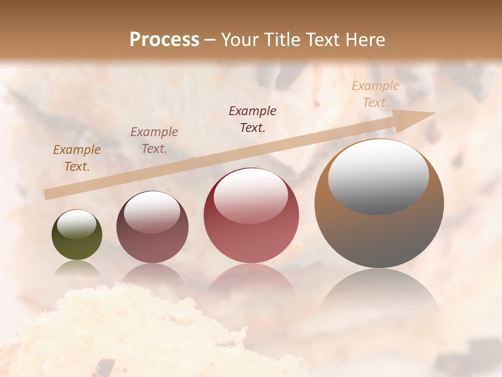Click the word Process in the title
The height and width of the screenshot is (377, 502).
click(x=164, y=40)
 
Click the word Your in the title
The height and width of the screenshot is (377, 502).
click(x=241, y=40)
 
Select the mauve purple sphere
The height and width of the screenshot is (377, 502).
click(x=152, y=236)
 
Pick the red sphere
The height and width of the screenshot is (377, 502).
click(x=252, y=230)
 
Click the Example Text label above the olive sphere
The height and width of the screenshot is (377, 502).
click(x=76, y=158)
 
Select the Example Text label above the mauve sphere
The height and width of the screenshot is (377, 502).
click(x=154, y=140)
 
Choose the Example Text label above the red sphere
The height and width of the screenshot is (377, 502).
click(x=253, y=119)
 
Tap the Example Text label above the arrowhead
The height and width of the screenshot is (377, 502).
click(x=375, y=94)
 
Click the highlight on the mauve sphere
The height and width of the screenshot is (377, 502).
click(x=152, y=212)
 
